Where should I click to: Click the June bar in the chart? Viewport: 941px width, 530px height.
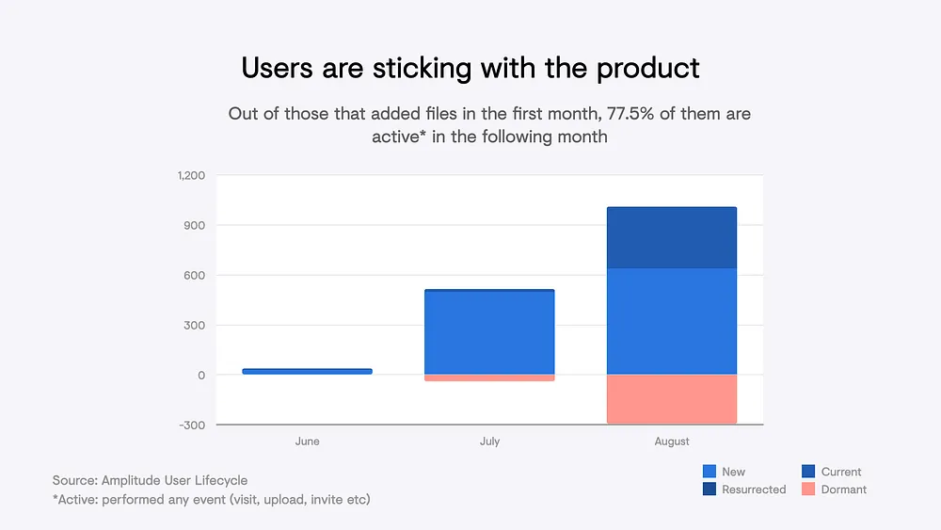point(307,371)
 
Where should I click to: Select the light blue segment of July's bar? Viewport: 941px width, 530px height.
point(489,333)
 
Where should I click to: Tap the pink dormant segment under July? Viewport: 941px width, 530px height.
point(489,377)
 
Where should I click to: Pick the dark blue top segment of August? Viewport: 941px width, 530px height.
point(672,237)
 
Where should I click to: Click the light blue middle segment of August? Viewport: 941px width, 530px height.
point(672,321)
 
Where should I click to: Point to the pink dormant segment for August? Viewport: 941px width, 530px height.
point(672,399)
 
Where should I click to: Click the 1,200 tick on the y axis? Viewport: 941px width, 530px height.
point(191,176)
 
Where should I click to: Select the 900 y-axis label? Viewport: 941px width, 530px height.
point(196,226)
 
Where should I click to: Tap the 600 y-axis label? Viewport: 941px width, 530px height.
point(196,276)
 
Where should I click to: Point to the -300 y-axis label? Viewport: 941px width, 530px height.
point(193,426)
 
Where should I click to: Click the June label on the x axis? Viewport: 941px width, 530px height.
point(307,442)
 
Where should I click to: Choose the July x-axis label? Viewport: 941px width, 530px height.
point(489,442)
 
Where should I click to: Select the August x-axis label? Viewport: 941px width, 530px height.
point(672,442)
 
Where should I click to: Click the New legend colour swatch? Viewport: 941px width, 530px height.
point(710,472)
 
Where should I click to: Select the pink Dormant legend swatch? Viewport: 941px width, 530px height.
point(807,490)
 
